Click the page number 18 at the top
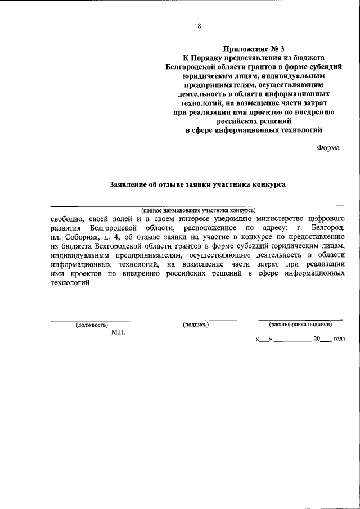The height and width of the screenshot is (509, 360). (197, 25)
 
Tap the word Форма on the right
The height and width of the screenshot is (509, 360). (328, 147)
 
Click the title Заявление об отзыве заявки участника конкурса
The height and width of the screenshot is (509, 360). (197, 184)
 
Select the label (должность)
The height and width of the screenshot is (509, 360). (92, 325)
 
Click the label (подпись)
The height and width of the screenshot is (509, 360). (196, 325)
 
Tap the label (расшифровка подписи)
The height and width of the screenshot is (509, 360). (300, 324)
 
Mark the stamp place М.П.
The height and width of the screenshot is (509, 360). (118, 332)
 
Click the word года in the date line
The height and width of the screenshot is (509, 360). (339, 339)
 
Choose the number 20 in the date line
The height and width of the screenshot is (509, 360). (317, 339)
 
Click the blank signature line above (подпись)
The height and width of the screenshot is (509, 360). (196, 320)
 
